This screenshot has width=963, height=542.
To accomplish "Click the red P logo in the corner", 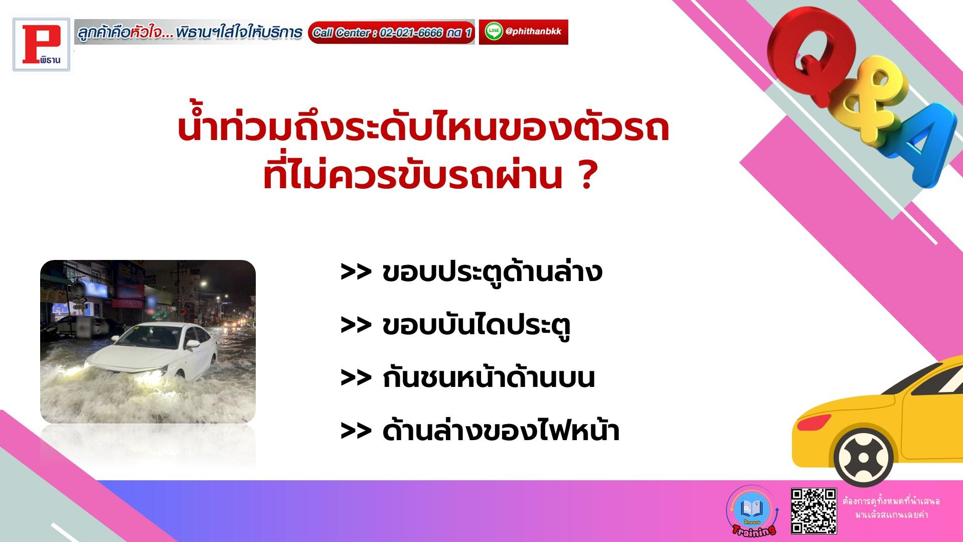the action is (42, 45).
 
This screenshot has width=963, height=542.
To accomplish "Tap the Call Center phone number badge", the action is (391, 33).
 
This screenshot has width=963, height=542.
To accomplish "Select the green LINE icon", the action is (494, 32).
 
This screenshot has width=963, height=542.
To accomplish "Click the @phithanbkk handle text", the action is (534, 31).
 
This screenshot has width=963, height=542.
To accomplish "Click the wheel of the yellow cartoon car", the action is (863, 458).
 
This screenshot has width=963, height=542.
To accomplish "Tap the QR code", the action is (814, 510).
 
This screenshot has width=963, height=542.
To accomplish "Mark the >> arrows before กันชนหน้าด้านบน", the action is (356, 378).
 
